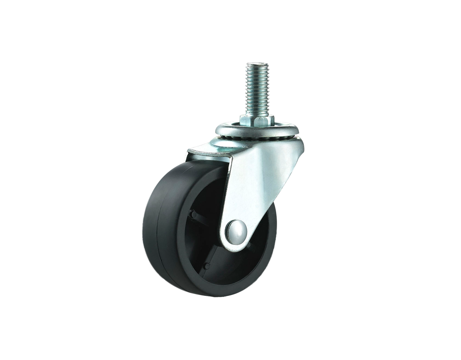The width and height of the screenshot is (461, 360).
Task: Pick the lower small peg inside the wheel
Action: (x=208, y=267)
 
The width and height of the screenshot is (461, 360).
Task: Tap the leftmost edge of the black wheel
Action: (x=144, y=232)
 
